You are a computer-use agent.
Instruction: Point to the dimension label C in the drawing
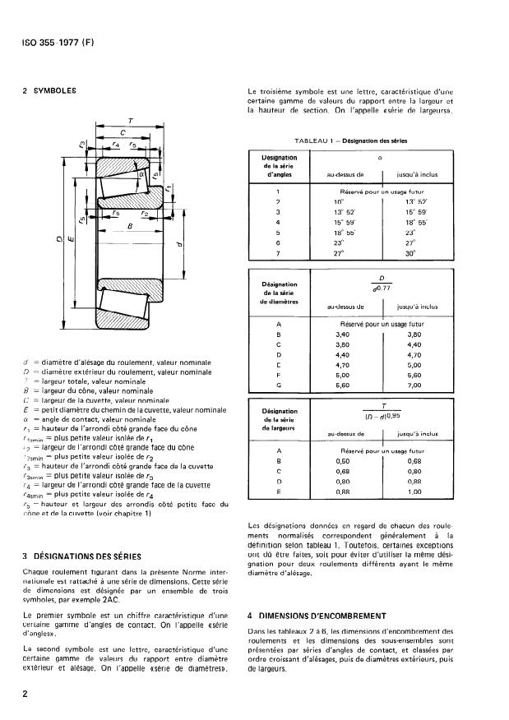pos(123,132)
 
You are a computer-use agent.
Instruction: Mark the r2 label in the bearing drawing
pos(144,214)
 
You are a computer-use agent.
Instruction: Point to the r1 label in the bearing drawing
pos(168,188)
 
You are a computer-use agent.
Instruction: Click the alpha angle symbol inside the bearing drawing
pos(141,174)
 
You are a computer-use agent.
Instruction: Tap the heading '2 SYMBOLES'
pos(49,90)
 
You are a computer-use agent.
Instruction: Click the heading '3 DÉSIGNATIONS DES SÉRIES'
pos(79,557)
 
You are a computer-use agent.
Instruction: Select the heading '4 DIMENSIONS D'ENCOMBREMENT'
pos(317,614)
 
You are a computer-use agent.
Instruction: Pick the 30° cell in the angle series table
pos(411,254)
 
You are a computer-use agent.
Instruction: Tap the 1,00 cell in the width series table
pos(414,492)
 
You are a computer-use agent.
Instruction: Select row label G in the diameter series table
pos(280,384)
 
